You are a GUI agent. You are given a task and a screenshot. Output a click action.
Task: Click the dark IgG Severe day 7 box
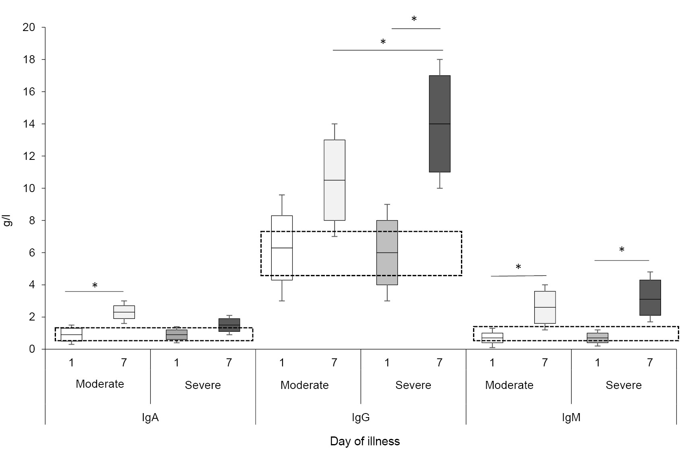439,124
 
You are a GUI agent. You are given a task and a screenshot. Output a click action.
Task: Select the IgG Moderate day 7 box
335,180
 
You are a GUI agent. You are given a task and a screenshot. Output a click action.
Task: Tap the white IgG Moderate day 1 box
282,248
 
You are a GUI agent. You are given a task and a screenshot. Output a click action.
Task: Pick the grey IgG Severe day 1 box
387,252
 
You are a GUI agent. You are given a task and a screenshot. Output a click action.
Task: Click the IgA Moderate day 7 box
124,312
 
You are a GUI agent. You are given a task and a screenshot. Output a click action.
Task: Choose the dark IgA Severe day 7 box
229,325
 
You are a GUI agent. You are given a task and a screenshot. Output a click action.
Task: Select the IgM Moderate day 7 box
545,307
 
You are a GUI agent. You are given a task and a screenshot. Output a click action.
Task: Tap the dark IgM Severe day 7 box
650,298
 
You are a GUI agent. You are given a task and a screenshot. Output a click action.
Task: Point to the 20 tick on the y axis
30,27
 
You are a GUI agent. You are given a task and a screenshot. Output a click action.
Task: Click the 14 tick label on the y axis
30,124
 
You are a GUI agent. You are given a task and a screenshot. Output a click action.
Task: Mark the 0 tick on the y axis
32,349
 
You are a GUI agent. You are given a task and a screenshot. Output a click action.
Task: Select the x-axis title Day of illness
365,441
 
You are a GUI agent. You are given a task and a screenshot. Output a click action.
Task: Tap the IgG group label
361,418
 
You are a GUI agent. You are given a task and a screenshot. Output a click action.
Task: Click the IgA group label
150,418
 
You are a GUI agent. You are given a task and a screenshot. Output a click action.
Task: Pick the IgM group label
571,418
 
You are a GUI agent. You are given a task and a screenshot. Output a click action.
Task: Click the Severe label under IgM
623,385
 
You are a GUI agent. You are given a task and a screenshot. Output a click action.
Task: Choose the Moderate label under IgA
100,384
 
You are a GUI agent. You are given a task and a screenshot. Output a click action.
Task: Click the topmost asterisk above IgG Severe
414,19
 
